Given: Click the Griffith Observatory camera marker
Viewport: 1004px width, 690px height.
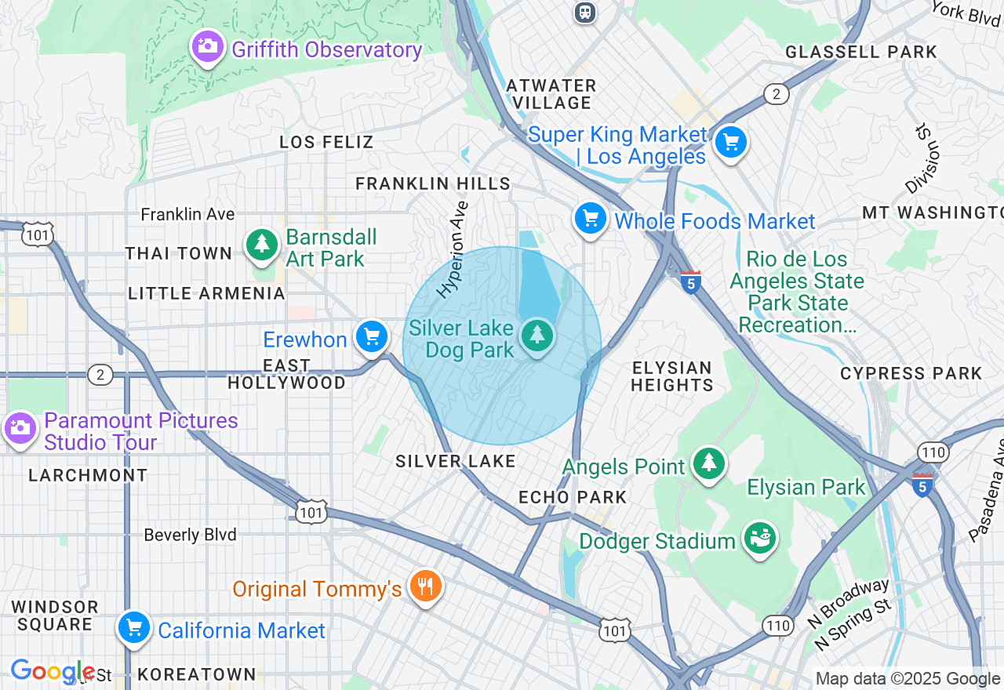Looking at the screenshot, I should click(x=207, y=46).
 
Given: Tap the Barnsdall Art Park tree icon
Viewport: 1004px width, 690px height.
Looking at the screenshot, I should click(x=261, y=245).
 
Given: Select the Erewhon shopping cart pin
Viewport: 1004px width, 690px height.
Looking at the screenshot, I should click(x=371, y=336).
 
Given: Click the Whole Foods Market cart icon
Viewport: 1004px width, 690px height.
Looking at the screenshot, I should click(x=590, y=219).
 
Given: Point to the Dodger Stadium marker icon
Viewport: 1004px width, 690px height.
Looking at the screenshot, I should click(x=759, y=539).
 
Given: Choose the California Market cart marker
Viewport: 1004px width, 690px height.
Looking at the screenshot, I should click(x=133, y=628).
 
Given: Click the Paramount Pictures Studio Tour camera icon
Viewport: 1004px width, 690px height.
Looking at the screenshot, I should click(x=20, y=428).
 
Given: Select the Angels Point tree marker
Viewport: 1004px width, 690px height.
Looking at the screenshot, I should click(x=709, y=463).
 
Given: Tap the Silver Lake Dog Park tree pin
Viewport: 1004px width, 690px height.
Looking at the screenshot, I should click(x=537, y=336).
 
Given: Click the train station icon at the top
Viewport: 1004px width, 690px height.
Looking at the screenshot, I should click(x=584, y=12).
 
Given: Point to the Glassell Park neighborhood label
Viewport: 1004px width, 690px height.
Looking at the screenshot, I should click(x=860, y=53).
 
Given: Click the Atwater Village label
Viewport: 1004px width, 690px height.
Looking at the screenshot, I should click(x=551, y=94).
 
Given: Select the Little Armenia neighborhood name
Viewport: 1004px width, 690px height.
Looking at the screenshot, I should click(x=206, y=293).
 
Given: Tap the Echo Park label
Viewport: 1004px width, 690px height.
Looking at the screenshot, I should click(x=573, y=497).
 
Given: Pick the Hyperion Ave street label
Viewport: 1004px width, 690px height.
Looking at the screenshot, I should click(x=453, y=249).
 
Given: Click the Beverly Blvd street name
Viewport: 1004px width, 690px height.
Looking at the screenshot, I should click(x=190, y=535).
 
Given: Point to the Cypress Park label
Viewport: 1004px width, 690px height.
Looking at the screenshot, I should click(x=911, y=374).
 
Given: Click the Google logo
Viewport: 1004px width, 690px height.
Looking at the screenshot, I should click(x=53, y=671).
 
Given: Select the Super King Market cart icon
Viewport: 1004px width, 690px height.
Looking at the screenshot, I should click(x=731, y=143).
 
